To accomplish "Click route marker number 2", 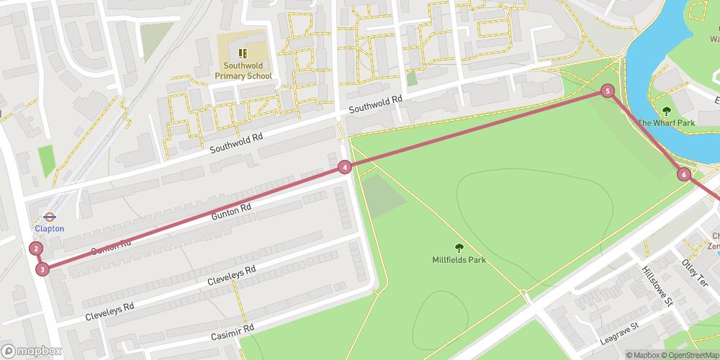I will [36, 249].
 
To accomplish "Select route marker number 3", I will [42, 269].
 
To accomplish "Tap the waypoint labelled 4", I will [345, 167].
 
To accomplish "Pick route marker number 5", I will [608, 91].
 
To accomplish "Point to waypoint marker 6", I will [683, 174].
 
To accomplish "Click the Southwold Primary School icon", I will [243, 53].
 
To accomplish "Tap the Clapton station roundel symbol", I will [50, 216].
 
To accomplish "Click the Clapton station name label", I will [50, 229].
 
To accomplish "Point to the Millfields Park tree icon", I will [459, 247].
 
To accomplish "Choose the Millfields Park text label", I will [459, 260].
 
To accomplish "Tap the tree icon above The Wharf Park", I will [666, 110].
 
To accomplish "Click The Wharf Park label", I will [666, 123].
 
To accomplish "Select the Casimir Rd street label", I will [233, 332].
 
